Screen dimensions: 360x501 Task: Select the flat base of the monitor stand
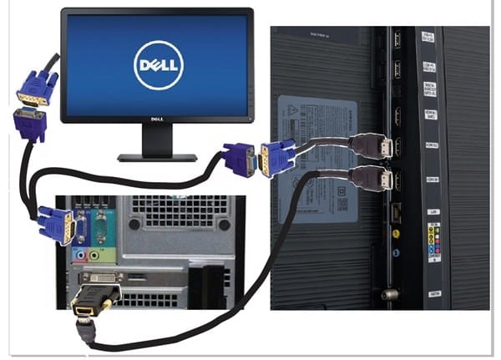click(x=157, y=156)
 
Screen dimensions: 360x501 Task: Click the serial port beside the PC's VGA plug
click(x=100, y=224)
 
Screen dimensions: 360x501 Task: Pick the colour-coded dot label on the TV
click(x=433, y=243)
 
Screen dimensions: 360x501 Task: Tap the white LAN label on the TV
click(x=433, y=213)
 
